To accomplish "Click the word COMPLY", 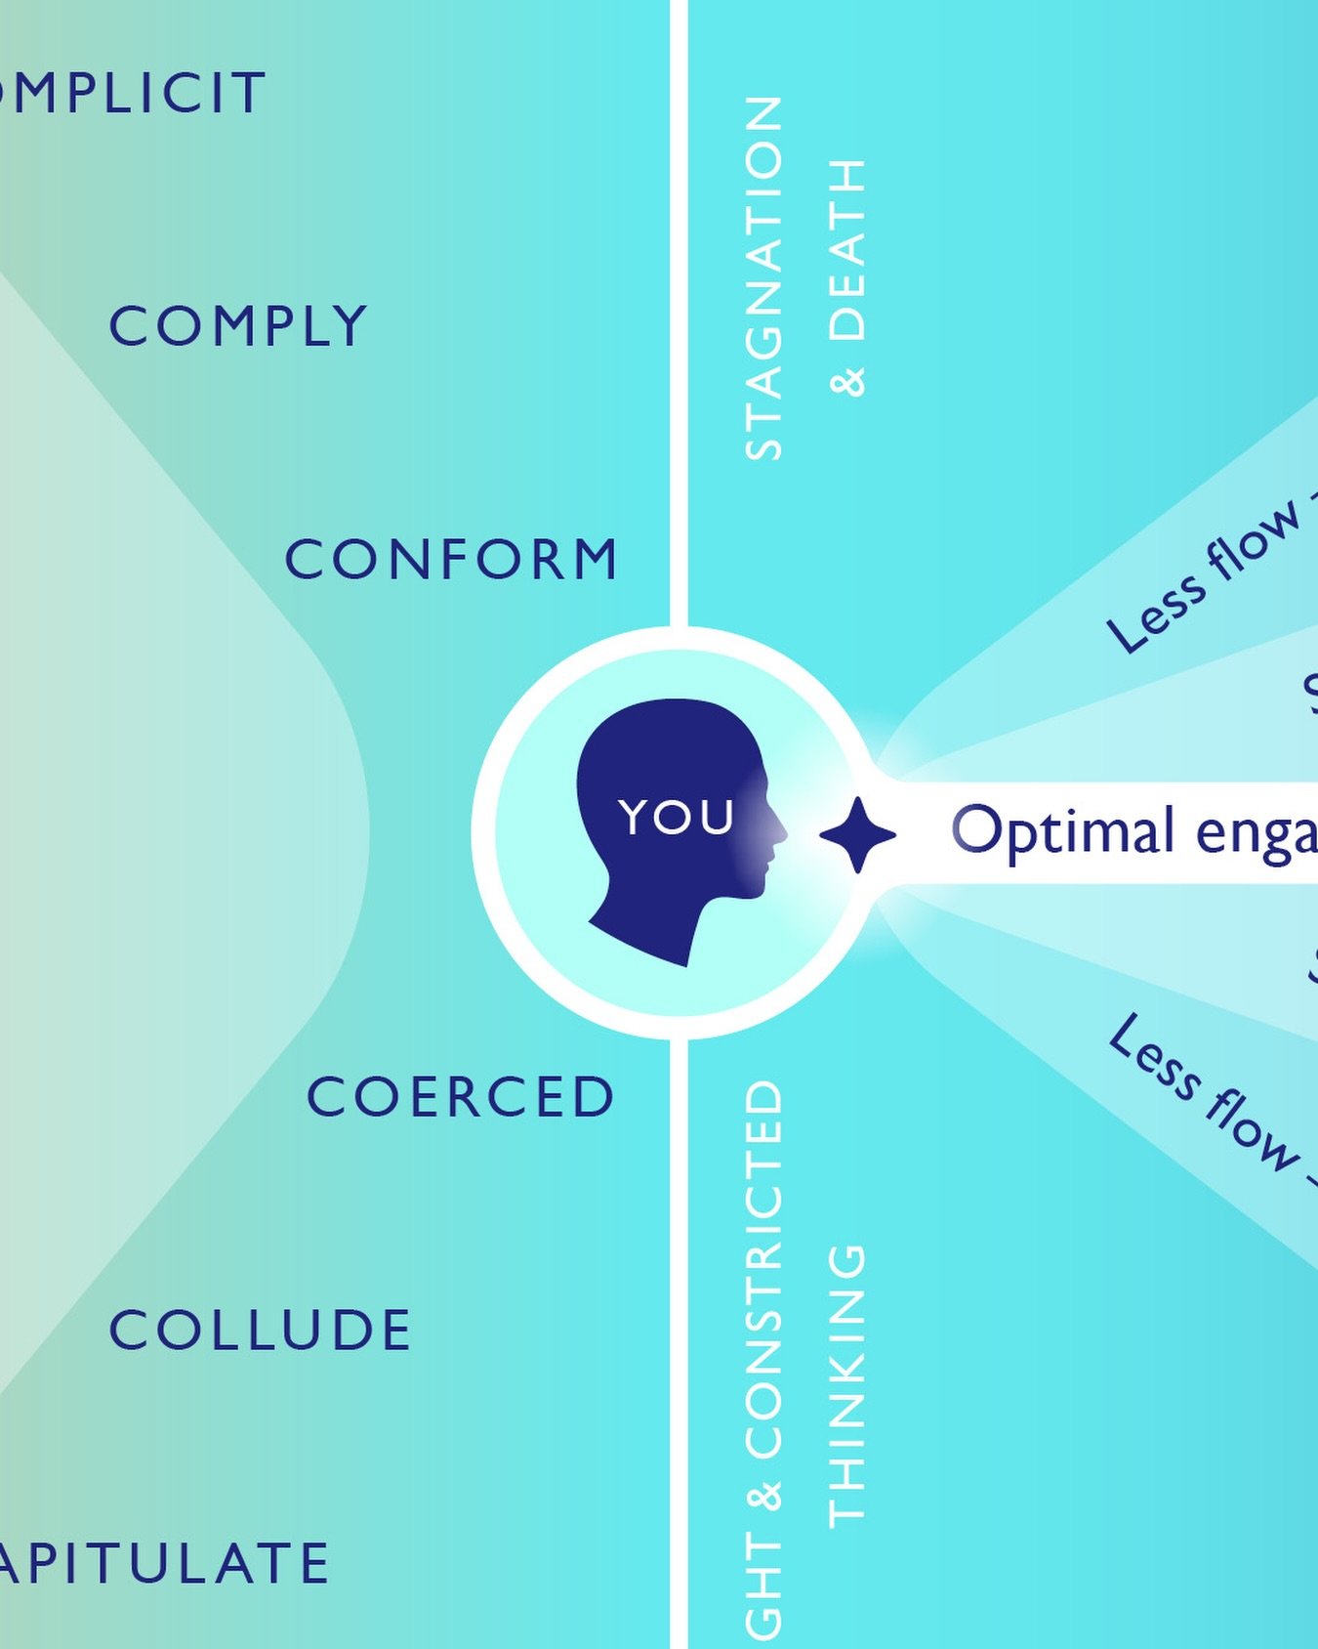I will pyautogui.click(x=237, y=326).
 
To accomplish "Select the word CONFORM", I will pyautogui.click(x=451, y=560).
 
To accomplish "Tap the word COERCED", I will pyautogui.click(x=461, y=1096).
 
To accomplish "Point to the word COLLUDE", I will pyautogui.click(x=260, y=1331).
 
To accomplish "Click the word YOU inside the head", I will pyautogui.click(x=677, y=817).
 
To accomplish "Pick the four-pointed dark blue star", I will pyautogui.click(x=857, y=834).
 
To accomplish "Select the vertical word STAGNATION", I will pyautogui.click(x=763, y=277).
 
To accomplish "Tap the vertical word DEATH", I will pyautogui.click(x=846, y=250).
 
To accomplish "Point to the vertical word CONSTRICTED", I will pyautogui.click(x=763, y=1270).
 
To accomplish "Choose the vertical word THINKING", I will pyautogui.click(x=846, y=1385).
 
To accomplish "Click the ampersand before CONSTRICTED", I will pyautogui.click(x=764, y=1497).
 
